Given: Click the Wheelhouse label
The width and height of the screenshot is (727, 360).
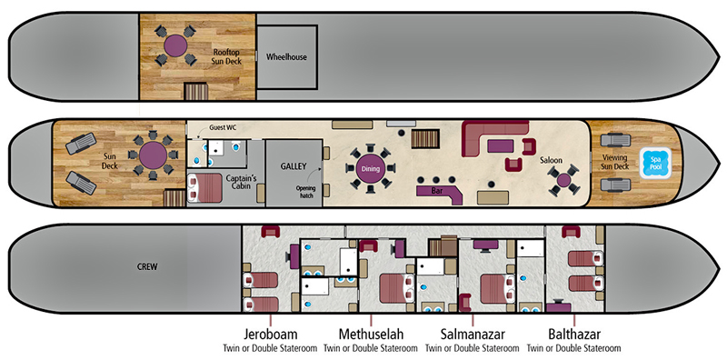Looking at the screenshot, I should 286,56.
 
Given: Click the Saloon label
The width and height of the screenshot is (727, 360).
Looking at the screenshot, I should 553,160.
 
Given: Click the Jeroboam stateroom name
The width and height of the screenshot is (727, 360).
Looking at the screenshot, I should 271,332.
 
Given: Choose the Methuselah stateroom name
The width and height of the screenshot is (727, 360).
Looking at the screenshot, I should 372,332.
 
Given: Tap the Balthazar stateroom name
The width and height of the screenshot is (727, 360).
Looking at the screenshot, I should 573,332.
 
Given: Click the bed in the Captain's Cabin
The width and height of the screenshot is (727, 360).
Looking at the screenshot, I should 206,189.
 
